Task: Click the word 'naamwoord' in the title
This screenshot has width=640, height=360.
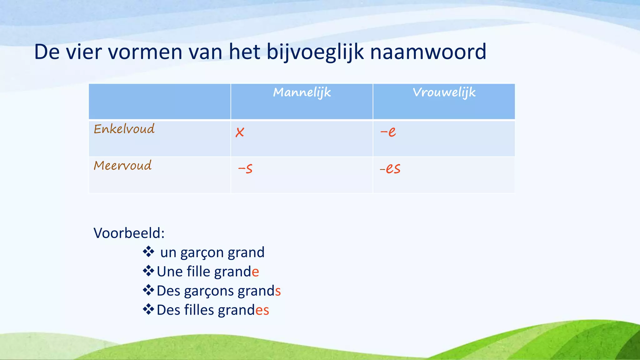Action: [x=428, y=52]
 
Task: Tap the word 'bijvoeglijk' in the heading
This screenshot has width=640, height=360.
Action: [x=315, y=52]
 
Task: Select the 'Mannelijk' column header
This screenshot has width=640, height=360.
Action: [x=302, y=92]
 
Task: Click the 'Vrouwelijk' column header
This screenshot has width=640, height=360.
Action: [x=444, y=92]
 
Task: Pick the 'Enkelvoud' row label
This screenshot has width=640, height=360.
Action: [x=124, y=129]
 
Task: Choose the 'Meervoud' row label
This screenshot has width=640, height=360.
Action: [x=122, y=165]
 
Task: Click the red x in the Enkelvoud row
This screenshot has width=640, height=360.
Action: [x=240, y=132]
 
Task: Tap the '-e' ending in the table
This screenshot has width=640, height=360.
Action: [x=388, y=132]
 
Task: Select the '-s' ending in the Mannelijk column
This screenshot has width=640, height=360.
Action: [x=245, y=169]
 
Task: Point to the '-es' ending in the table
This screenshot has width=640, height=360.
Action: [x=390, y=169]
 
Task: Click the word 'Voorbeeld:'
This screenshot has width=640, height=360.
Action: [x=129, y=233]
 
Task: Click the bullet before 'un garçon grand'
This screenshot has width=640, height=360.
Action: [x=148, y=252]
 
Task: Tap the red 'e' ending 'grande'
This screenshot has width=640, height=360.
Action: [x=255, y=272]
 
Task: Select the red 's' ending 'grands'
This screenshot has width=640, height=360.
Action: [x=278, y=291]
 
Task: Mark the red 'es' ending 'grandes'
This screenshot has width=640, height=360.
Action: [x=262, y=310]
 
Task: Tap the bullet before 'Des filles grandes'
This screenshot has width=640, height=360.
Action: [x=148, y=310]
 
